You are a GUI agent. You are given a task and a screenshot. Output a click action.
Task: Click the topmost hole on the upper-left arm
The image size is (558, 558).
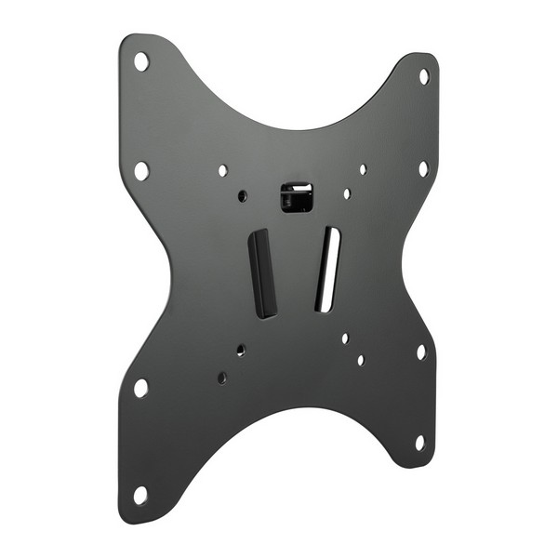point(141,62)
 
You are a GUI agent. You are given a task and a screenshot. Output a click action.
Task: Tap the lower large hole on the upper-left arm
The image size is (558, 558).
point(140,171)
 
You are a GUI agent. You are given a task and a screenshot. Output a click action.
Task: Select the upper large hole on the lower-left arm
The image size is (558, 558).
point(140,387)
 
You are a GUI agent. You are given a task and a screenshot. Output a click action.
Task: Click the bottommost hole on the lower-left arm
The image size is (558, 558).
point(139,495)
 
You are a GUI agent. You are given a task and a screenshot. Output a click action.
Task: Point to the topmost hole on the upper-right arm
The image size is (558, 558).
point(423,76)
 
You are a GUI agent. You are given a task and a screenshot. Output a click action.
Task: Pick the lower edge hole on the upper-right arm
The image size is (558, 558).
point(422,168)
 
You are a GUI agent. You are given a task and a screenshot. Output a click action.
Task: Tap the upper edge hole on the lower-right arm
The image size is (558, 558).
point(420,352)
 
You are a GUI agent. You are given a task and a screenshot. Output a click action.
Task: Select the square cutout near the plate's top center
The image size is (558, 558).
point(297,196)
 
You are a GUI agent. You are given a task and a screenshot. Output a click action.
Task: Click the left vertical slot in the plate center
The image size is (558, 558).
point(263,272)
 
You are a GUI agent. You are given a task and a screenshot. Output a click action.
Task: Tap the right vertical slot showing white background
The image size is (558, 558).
point(327,269)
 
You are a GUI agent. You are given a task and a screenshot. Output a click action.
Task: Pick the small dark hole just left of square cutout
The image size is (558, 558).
point(243,196)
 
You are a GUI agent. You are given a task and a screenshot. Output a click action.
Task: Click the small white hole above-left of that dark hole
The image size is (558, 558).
point(222,171)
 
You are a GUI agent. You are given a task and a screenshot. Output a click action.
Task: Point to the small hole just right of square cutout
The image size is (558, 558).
point(346,194)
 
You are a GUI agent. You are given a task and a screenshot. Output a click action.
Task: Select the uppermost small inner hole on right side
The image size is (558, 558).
point(363,169)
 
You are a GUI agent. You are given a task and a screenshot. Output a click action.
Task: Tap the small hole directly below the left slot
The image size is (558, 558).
point(241,351)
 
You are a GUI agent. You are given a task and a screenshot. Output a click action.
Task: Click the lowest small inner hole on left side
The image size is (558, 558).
point(221,378)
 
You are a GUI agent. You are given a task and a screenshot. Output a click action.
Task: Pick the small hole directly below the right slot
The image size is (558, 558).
point(344,339)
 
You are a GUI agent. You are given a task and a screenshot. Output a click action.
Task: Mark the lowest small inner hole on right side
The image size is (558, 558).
point(360,360)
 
